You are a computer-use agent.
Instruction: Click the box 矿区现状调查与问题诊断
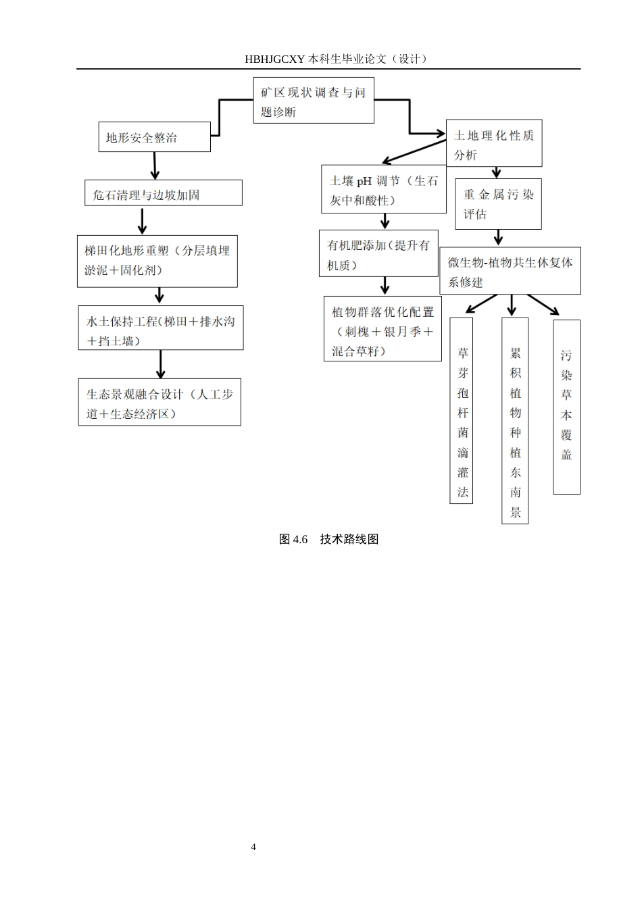314,101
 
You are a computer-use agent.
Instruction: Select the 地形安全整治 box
154,137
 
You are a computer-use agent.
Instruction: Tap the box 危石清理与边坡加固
163,193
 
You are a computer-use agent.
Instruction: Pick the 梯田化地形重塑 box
157,261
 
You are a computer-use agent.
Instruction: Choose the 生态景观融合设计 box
159,403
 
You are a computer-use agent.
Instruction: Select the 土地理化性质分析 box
493,144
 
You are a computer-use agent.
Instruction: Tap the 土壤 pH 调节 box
383,190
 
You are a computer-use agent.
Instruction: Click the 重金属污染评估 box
498,203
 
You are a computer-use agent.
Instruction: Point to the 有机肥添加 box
378,254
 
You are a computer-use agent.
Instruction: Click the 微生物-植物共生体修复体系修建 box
510,271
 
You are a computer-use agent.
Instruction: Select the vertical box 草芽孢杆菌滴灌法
462,410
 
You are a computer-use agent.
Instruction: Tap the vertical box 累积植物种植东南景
515,420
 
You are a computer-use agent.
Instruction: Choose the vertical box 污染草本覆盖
566,406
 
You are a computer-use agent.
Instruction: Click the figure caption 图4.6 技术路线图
328,539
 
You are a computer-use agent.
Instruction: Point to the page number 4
253,847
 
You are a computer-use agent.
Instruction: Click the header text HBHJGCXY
274,59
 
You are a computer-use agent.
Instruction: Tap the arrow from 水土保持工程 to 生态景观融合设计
160,364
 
